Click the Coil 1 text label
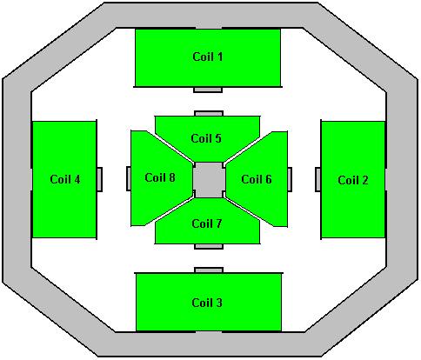(208, 57)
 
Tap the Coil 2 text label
(353, 180)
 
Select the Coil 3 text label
(207, 303)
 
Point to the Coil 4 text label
(65, 179)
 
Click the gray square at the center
(209, 180)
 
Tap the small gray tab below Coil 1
(208, 90)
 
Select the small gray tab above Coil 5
(209, 113)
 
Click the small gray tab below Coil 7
(209, 246)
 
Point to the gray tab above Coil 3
(209, 270)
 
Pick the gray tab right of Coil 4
(99, 179)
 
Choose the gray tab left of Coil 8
(129, 178)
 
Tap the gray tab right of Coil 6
(290, 179)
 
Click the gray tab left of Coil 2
(318, 180)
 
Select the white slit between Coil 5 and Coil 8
(170, 147)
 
